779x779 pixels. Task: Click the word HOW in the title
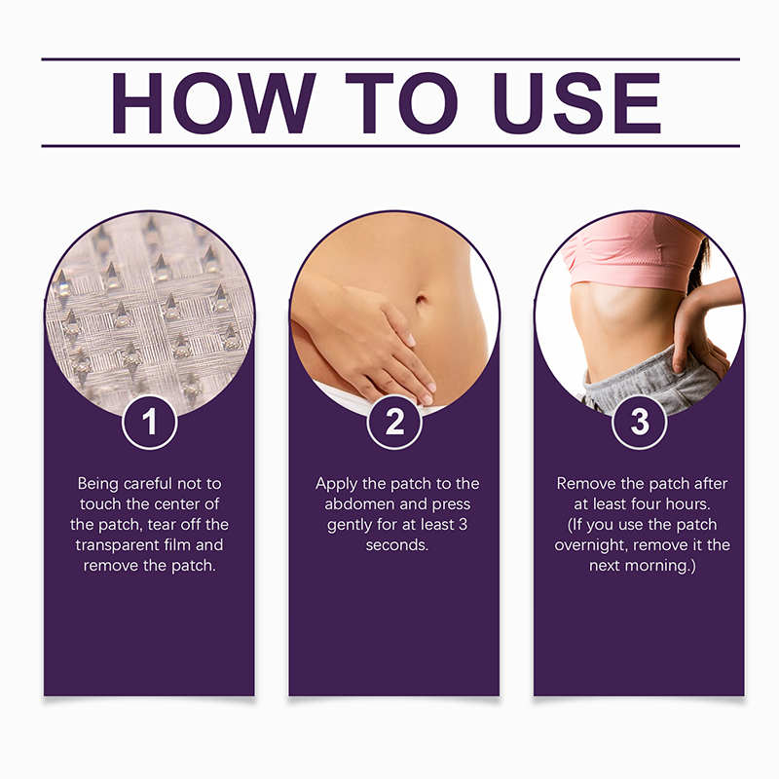212,103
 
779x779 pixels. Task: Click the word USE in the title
577,103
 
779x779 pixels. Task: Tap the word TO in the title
401,103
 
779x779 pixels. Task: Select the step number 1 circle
150,423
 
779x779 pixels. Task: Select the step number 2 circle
394,423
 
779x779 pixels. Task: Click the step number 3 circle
640,423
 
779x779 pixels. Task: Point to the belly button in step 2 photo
421,299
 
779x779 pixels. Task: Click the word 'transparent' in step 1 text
117,545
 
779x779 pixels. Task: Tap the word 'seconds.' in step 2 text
397,545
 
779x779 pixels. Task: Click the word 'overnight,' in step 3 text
591,545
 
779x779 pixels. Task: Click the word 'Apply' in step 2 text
336,484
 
